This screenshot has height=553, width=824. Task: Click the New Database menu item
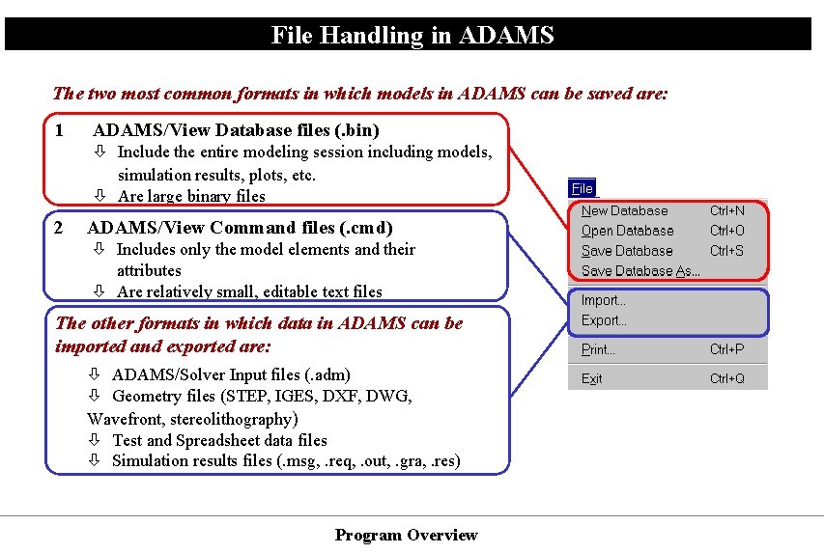[624, 210]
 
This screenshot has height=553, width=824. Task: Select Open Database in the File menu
[627, 231]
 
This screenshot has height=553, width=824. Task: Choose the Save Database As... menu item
[640, 271]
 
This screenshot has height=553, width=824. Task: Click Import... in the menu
[603, 300]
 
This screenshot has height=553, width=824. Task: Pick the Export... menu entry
[604, 320]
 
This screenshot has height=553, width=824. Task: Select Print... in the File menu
[598, 349]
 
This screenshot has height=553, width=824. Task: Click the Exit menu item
[591, 378]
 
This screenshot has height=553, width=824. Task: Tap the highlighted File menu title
[582, 189]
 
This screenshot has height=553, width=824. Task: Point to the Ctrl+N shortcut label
[726, 210]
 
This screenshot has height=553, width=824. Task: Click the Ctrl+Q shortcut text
[726, 378]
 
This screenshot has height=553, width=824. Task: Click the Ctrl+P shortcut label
[726, 349]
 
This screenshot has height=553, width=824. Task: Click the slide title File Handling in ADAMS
[412, 36]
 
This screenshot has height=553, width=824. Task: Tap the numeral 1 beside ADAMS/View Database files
[60, 129]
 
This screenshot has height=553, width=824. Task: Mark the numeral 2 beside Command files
[60, 228]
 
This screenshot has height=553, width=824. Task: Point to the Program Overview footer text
[406, 535]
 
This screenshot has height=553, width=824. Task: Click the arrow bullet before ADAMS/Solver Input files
[95, 375]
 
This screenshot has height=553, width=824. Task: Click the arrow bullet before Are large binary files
[99, 197]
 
